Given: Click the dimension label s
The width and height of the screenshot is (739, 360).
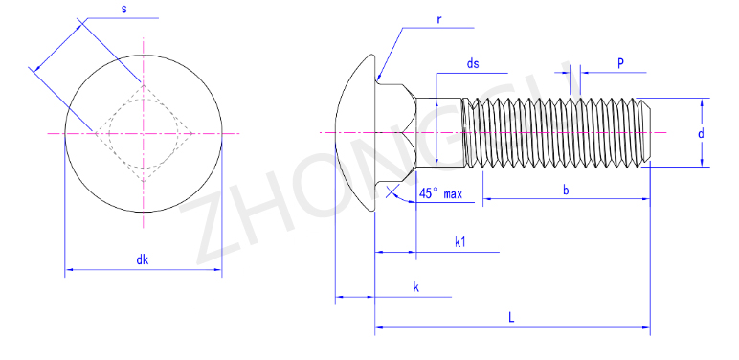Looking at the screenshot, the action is (x=123, y=9).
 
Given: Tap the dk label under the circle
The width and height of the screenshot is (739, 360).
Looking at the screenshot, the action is (x=143, y=259).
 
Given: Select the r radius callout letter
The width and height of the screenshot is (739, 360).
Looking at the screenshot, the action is (x=438, y=19).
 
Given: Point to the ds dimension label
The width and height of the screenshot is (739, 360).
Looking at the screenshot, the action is (x=473, y=63).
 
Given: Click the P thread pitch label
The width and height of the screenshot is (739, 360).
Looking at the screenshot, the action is (x=621, y=63).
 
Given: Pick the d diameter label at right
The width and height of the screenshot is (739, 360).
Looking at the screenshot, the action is (x=701, y=133).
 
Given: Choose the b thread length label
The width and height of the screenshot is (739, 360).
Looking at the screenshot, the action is (x=566, y=190).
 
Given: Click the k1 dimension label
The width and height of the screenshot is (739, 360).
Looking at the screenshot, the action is (x=460, y=242).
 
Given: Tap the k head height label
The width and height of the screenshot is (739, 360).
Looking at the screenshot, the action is (x=416, y=287).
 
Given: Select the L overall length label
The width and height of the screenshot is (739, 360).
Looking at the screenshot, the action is (x=511, y=317).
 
